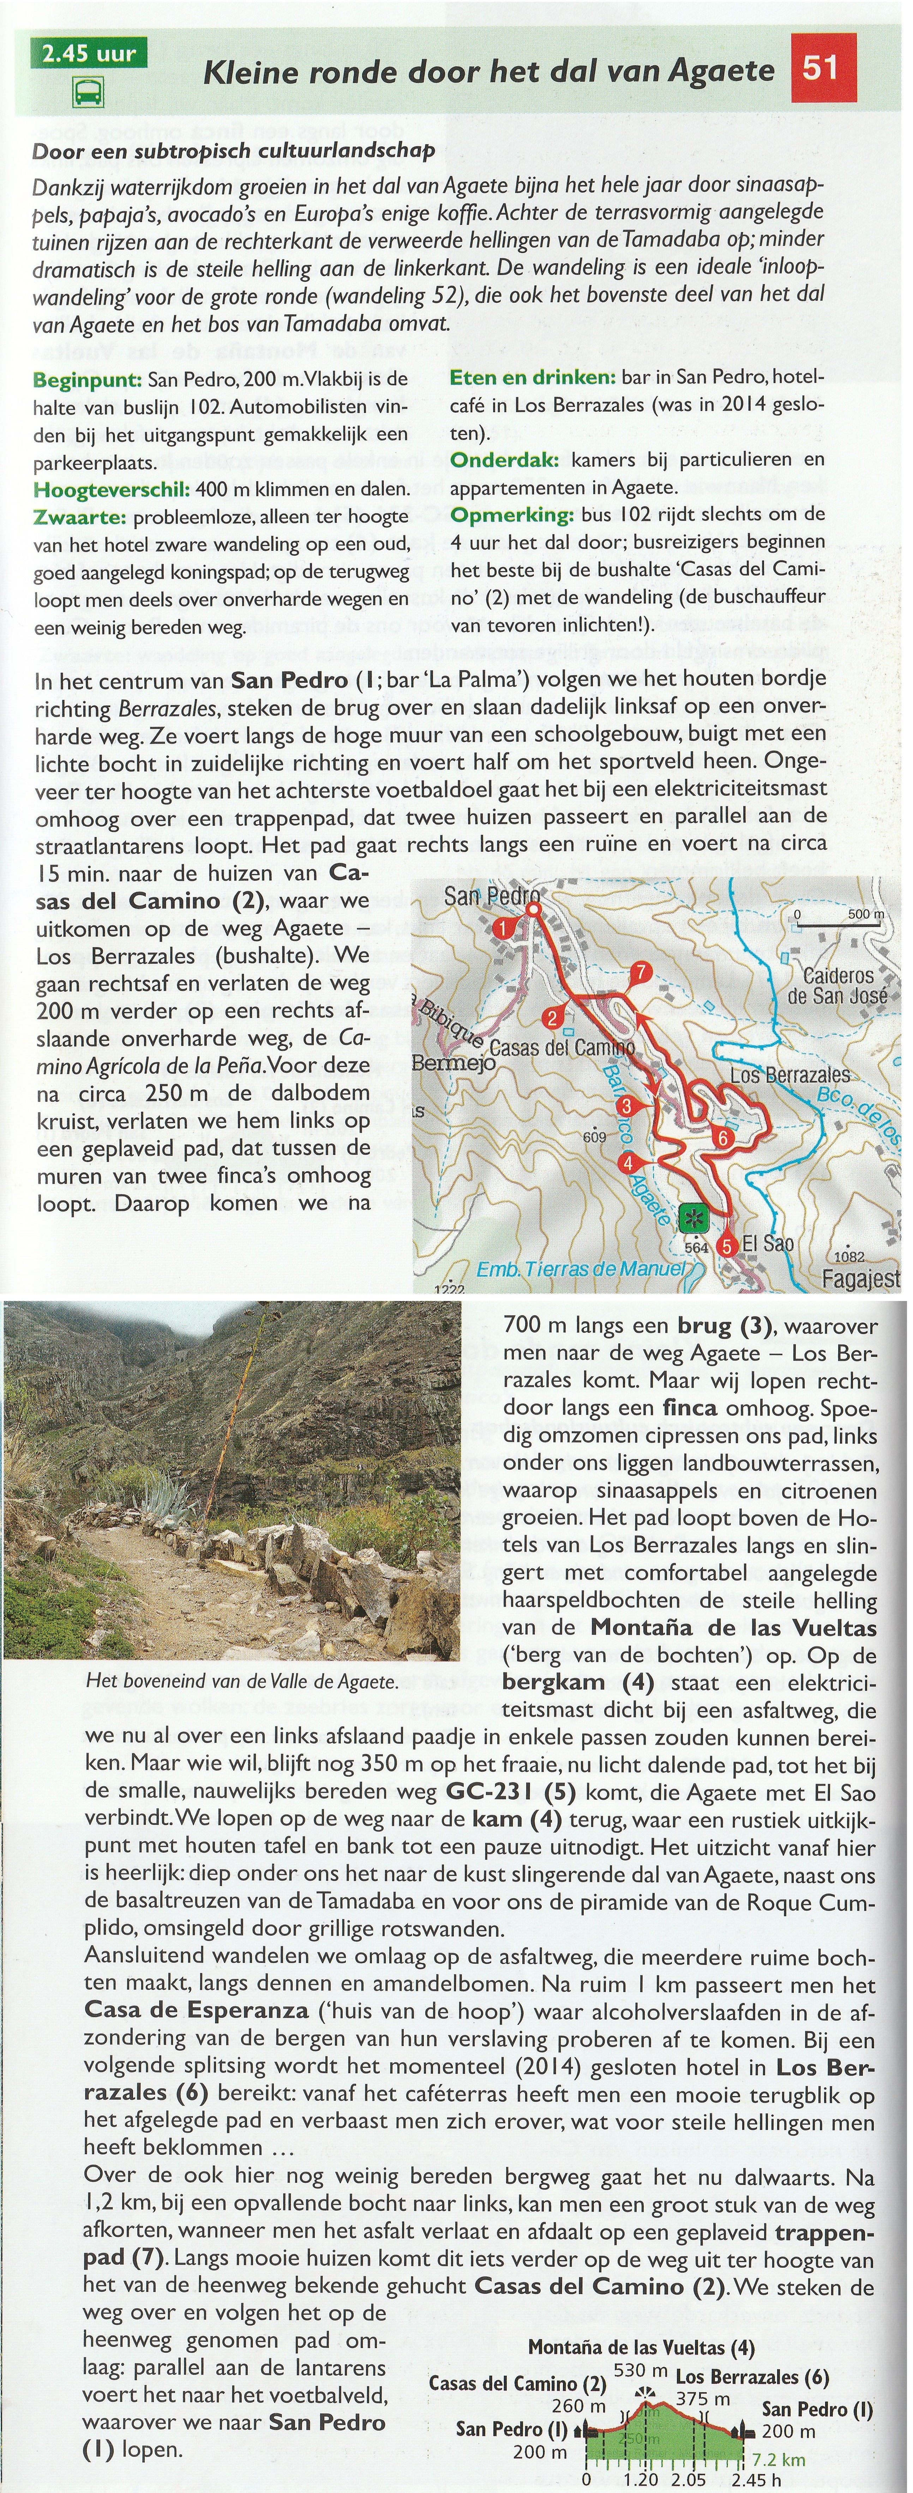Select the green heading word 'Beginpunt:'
(87, 379)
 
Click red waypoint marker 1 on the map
(504, 928)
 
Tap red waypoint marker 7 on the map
(639, 973)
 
